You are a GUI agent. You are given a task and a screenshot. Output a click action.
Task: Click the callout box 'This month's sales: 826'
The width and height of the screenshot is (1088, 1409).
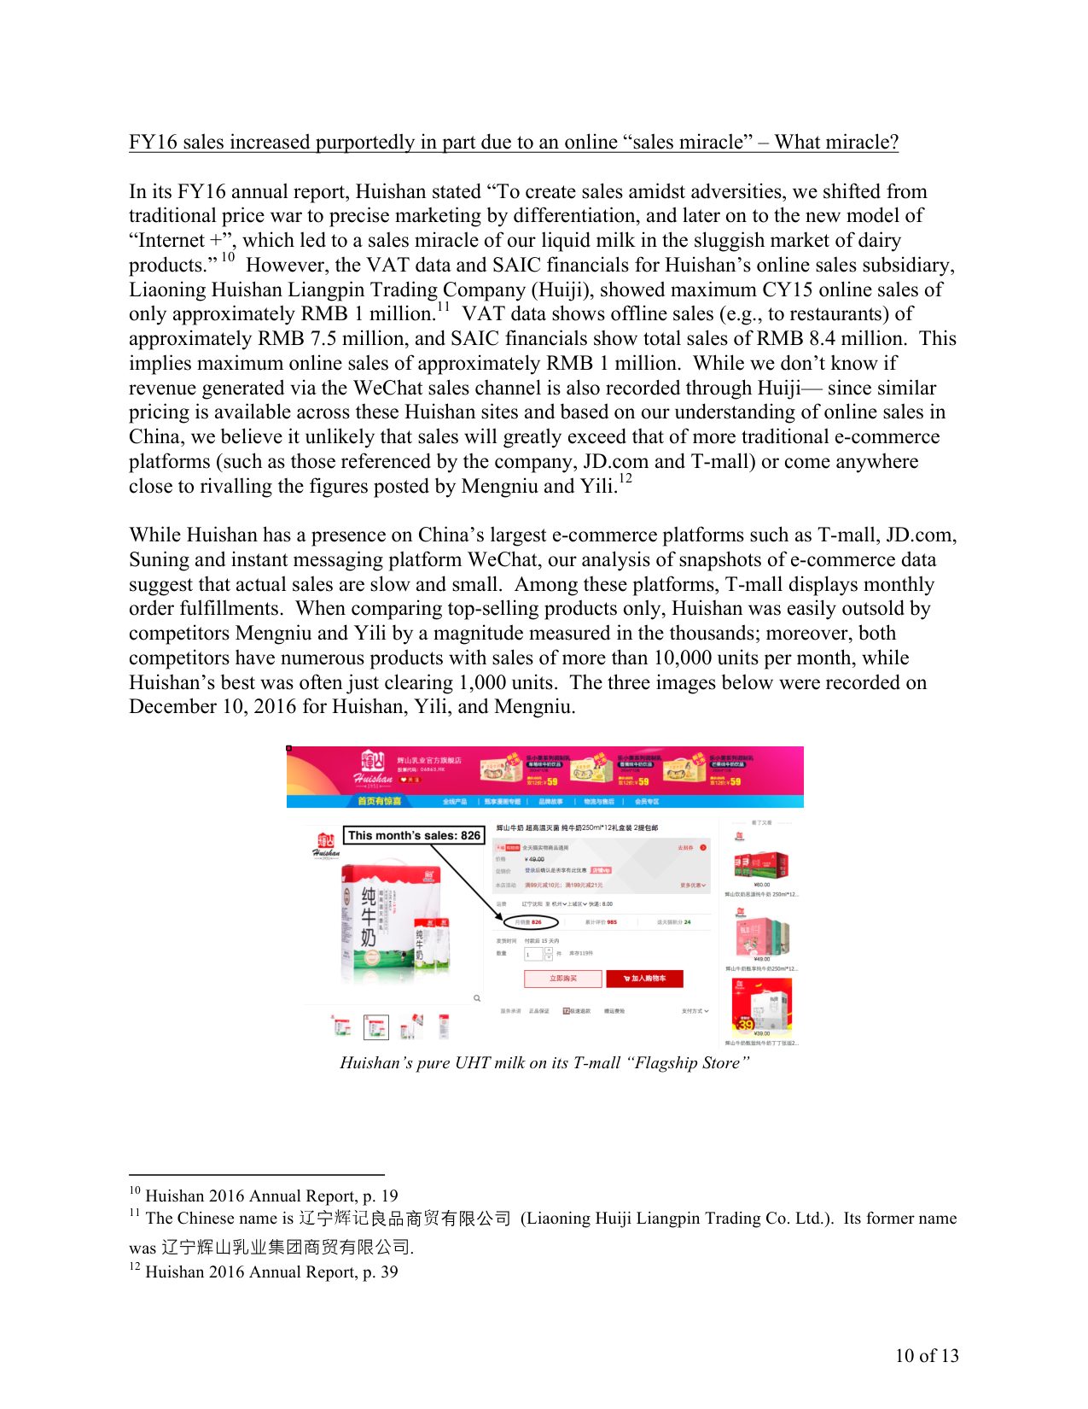pyautogui.click(x=414, y=835)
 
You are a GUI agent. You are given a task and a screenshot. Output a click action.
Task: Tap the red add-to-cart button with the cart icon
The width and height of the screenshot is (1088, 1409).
pyautogui.click(x=644, y=979)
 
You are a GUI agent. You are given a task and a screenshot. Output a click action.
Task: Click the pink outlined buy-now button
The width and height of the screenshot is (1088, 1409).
pyautogui.click(x=562, y=979)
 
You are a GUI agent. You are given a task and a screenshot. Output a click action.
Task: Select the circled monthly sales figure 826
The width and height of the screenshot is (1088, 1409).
pyautogui.click(x=536, y=922)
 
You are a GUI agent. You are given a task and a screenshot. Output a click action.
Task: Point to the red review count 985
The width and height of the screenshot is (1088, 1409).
pyautogui.click(x=612, y=922)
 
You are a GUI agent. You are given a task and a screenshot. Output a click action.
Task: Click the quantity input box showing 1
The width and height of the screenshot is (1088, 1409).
pyautogui.click(x=532, y=954)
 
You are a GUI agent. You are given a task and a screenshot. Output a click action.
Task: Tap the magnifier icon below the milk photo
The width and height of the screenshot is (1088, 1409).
pyautogui.click(x=476, y=997)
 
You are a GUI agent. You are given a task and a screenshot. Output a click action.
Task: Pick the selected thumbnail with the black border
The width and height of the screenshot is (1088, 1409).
pyautogui.click(x=375, y=1027)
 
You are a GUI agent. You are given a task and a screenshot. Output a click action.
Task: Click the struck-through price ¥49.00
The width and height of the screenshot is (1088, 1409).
pyautogui.click(x=535, y=859)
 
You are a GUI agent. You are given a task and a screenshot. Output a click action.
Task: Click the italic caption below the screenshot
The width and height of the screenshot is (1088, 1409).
pyautogui.click(x=544, y=1063)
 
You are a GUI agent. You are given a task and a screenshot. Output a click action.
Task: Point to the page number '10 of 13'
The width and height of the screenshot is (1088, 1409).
pyautogui.click(x=927, y=1356)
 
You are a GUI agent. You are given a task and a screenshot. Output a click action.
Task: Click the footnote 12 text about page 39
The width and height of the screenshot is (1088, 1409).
pyautogui.click(x=271, y=1272)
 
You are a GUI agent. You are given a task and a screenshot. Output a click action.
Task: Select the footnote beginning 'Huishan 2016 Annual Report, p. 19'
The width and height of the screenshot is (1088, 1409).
pyautogui.click(x=271, y=1196)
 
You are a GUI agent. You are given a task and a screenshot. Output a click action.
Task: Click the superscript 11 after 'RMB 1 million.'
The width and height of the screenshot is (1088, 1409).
pyautogui.click(x=444, y=307)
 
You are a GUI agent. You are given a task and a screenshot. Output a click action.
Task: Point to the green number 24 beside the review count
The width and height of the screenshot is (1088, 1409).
pyautogui.click(x=687, y=922)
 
